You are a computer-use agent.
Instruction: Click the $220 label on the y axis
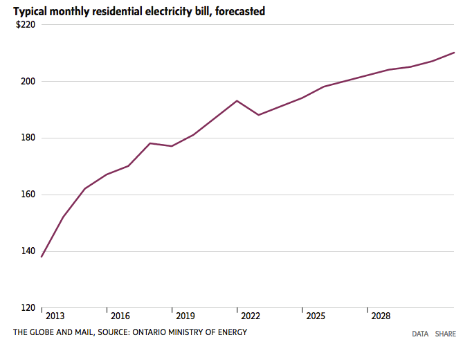coord(26,24)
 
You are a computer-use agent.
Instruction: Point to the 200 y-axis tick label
coord(28,81)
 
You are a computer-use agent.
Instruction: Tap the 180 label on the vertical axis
coord(28,138)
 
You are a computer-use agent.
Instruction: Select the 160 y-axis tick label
coord(28,195)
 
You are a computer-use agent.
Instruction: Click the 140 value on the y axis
coord(28,251)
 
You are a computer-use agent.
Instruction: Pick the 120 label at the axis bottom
coord(28,307)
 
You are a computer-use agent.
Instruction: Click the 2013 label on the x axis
coord(55,316)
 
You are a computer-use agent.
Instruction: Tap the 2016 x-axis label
coord(120,316)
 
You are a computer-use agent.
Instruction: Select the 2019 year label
coord(185,316)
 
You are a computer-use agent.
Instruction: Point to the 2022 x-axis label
coord(251,316)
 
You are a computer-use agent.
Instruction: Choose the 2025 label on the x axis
coord(316,316)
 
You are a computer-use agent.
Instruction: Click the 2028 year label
coord(381,316)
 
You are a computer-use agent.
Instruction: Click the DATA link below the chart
coord(420,334)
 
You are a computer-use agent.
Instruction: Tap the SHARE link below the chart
coord(446,334)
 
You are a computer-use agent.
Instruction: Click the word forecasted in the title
coord(240,12)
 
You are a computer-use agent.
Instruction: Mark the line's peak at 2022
coord(237,101)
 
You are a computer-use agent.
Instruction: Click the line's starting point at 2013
coord(42,257)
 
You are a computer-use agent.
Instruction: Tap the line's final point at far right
coord(454,53)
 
